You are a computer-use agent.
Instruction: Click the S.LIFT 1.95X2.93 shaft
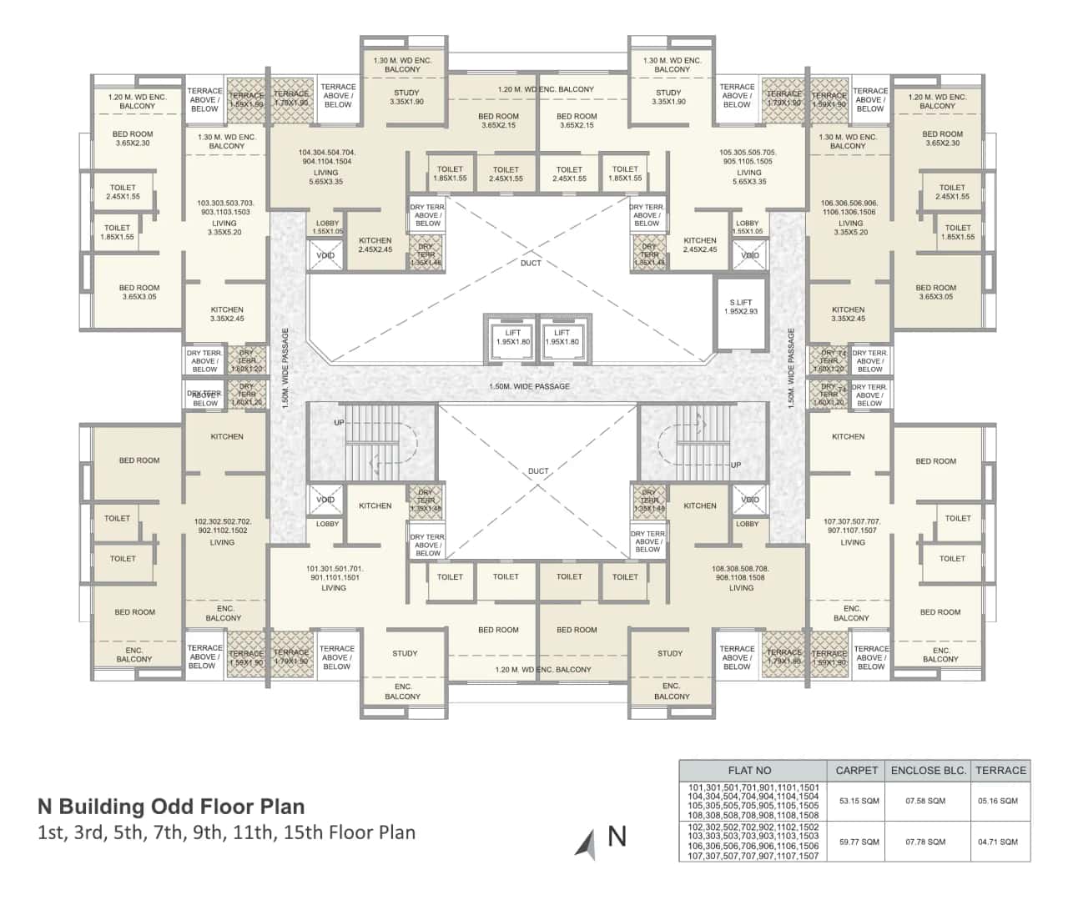click(740, 307)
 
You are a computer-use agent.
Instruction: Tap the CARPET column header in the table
click(856, 770)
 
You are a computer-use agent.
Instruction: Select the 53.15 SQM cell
click(859, 801)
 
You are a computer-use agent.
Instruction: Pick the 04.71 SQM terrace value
click(998, 842)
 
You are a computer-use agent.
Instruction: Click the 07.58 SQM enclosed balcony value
click(925, 801)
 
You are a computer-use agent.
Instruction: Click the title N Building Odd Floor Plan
click(171, 807)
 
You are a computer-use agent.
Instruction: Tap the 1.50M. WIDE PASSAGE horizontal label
click(530, 386)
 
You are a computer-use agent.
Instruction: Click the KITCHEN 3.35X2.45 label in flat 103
click(227, 314)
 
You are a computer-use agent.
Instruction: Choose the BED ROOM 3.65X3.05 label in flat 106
click(935, 292)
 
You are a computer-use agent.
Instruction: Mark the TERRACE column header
click(1000, 770)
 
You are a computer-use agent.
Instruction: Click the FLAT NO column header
click(749, 770)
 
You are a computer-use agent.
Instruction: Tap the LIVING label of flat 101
click(334, 587)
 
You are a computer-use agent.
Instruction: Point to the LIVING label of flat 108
click(741, 587)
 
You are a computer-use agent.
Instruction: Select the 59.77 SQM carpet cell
click(859, 842)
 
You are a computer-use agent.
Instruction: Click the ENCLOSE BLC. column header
click(928, 770)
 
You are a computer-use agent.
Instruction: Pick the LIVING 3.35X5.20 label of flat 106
click(850, 228)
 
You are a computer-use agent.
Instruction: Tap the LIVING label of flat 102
click(222, 542)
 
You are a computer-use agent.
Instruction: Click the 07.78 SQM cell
click(925, 842)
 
